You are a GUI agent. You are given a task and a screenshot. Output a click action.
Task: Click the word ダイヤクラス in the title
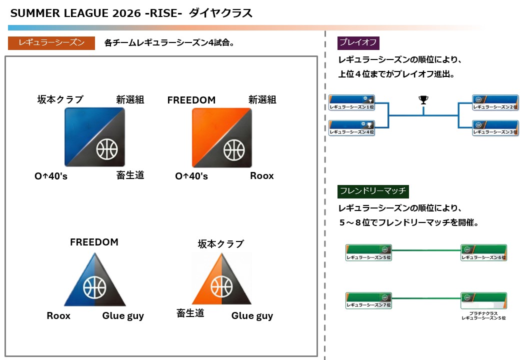(x=220, y=13)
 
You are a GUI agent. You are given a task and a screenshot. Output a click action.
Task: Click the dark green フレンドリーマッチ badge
(x=373, y=190)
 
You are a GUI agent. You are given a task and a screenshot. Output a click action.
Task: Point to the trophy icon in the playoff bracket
(x=423, y=100)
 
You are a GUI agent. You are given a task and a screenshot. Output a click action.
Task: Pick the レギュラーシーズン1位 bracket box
(x=352, y=103)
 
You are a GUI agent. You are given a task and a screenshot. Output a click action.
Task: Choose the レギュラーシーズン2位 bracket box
(x=495, y=103)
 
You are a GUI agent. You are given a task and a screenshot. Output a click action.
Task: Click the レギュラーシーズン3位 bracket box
(x=495, y=128)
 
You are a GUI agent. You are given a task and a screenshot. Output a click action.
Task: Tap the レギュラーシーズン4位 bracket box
(x=352, y=128)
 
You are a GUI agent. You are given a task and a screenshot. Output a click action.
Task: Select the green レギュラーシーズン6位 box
(x=483, y=252)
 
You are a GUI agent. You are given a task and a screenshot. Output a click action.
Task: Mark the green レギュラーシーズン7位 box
(x=368, y=300)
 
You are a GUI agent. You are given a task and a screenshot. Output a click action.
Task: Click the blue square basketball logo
(x=94, y=137)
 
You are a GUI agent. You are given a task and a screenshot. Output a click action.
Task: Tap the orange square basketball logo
(x=222, y=137)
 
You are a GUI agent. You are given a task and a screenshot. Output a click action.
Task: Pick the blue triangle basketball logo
(x=94, y=280)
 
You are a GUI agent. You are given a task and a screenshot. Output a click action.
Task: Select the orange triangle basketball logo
(x=221, y=280)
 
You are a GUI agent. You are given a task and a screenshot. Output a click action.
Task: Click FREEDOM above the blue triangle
(x=94, y=242)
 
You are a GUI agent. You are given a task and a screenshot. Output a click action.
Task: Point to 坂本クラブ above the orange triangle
(x=220, y=244)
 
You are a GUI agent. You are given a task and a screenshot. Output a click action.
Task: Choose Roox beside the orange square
(x=262, y=176)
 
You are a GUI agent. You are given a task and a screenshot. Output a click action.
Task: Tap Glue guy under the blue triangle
(x=123, y=316)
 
